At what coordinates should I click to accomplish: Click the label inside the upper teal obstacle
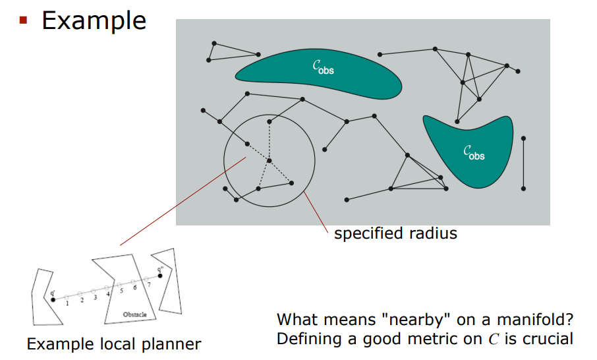coord(323,67)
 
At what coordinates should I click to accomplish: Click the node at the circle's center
coord(269,160)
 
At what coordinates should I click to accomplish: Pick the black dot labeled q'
coord(53,300)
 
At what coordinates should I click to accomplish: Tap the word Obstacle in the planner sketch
coord(134,315)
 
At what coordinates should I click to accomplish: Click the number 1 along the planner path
coord(67,303)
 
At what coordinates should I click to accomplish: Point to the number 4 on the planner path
coord(108,294)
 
